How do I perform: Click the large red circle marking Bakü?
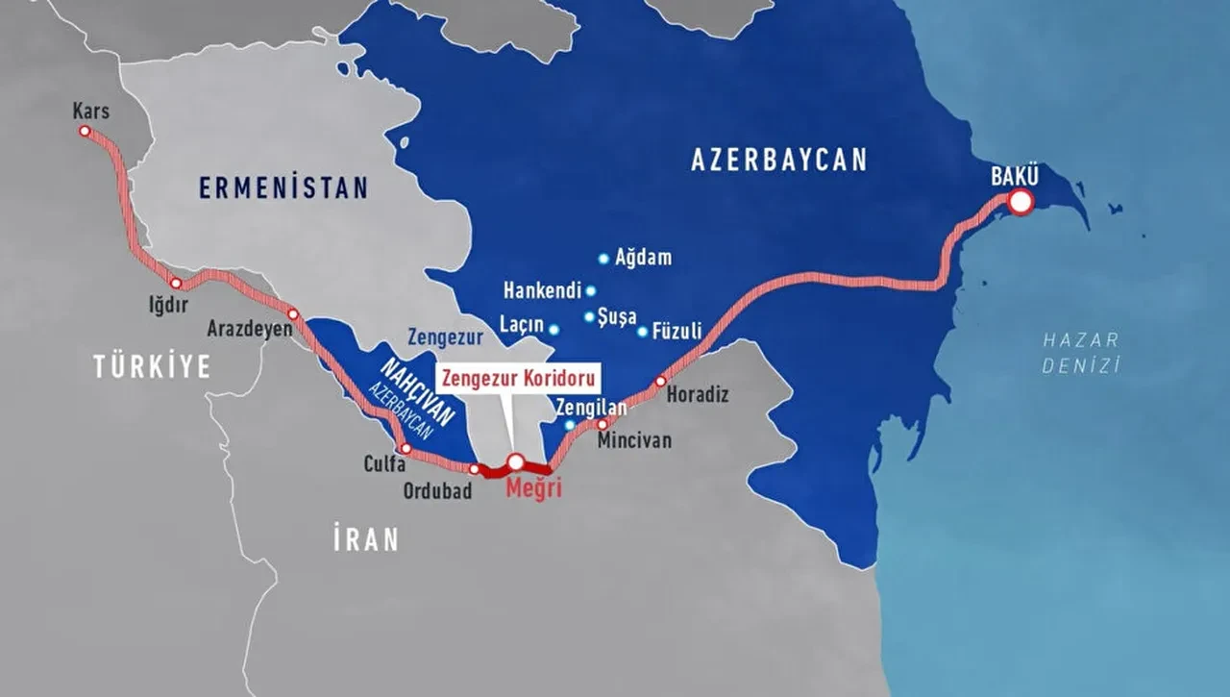point(1020,202)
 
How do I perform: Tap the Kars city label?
point(91,112)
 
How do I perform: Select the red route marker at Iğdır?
point(175,283)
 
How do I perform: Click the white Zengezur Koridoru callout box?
point(520,377)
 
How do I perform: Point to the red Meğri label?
point(532,488)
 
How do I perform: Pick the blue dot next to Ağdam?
point(603,258)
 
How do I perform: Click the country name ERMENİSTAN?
point(283,187)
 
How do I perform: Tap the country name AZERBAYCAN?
point(778,160)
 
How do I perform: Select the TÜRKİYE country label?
point(152,366)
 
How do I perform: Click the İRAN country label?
point(366,539)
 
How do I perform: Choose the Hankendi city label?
point(542,291)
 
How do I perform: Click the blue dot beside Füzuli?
point(642,332)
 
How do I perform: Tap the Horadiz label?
point(698,394)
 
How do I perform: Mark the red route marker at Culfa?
point(406,448)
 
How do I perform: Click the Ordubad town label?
point(437,490)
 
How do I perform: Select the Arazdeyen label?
point(249,328)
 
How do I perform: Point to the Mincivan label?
point(634,440)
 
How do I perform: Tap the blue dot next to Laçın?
point(553,329)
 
